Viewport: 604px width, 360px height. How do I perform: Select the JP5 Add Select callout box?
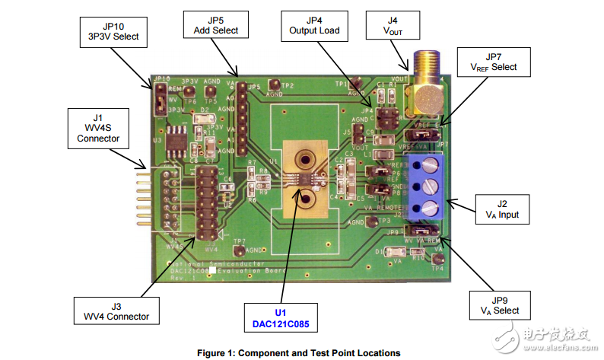tap(211, 24)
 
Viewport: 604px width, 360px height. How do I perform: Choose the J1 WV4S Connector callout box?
tap(98, 128)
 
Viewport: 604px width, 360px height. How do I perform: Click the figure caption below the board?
tap(298, 352)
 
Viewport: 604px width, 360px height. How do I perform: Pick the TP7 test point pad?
tap(239, 250)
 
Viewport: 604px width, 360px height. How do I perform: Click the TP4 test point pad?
tap(437, 259)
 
